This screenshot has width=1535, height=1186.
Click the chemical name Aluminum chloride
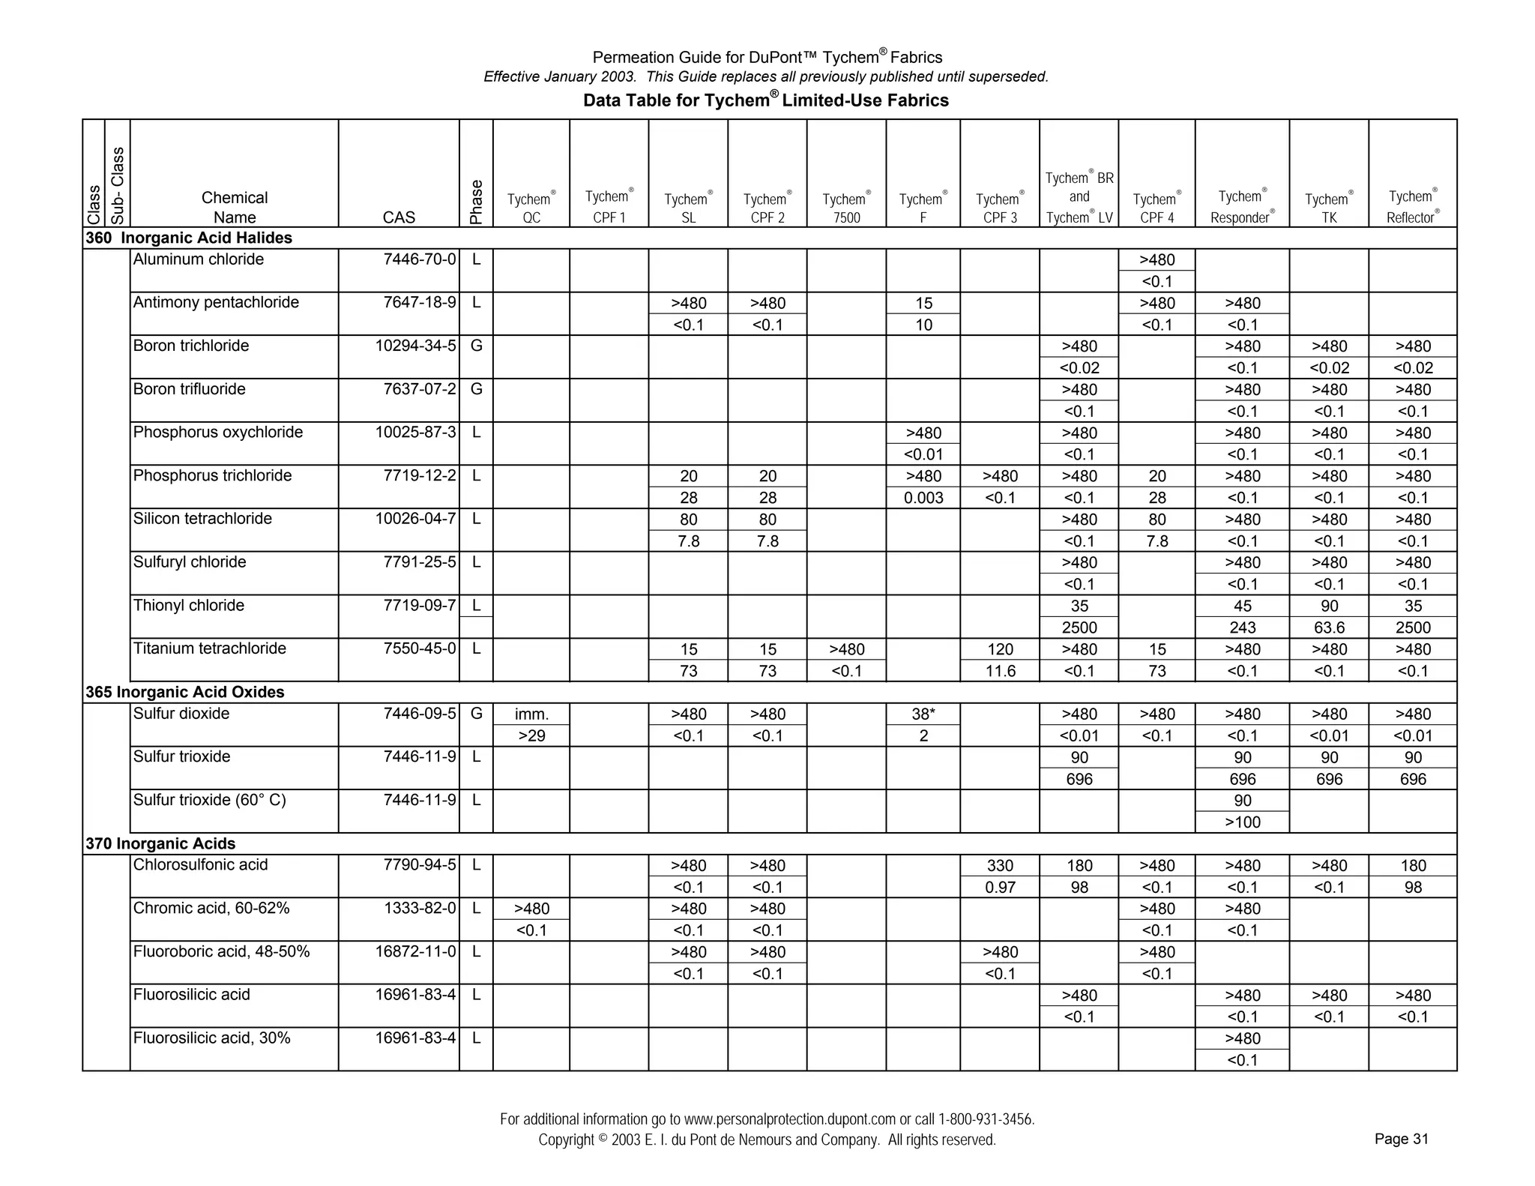(x=199, y=259)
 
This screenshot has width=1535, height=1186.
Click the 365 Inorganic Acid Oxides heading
(x=185, y=692)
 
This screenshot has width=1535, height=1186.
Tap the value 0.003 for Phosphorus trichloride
(x=923, y=498)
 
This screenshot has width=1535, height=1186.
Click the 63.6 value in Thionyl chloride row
(x=1329, y=627)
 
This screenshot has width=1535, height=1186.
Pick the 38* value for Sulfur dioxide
(x=923, y=714)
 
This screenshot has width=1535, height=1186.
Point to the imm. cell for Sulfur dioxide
(x=531, y=714)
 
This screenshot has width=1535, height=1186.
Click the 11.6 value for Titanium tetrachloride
(x=1000, y=671)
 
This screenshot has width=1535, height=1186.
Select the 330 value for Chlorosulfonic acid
(x=1000, y=866)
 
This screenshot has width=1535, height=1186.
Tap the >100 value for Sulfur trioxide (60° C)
(x=1242, y=822)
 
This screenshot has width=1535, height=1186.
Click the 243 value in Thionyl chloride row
(x=1242, y=627)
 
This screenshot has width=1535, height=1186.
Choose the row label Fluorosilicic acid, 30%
(x=211, y=1038)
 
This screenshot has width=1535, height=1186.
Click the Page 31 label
(x=1401, y=1140)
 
